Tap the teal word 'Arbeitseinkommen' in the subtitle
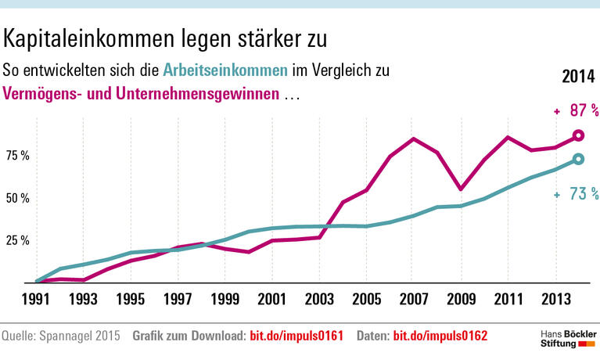(x=225, y=70)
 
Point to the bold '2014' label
(x=580, y=77)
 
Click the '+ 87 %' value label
(x=576, y=111)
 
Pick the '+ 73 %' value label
(x=576, y=194)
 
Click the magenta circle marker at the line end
(x=578, y=135)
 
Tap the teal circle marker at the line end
(x=578, y=160)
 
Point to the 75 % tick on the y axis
(x=17, y=156)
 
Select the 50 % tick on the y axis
(x=17, y=198)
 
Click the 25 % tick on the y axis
(x=17, y=240)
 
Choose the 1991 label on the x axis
(x=36, y=298)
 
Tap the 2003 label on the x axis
(x=319, y=298)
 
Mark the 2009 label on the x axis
(x=461, y=298)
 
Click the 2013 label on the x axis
(x=555, y=298)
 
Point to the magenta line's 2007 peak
(x=413, y=139)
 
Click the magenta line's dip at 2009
(x=461, y=189)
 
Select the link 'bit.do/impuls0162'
(x=440, y=337)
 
